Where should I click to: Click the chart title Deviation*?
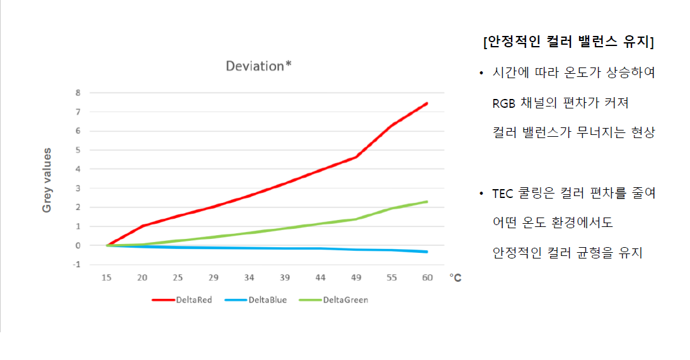coord(258,66)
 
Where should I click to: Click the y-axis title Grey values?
coord(47,180)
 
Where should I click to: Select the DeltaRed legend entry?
coord(182,300)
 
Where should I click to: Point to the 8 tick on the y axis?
coord(78,93)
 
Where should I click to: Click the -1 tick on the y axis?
coord(77,264)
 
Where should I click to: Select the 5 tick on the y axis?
coord(78,150)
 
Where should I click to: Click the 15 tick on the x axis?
coord(108,278)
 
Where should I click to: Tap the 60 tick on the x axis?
coord(427,278)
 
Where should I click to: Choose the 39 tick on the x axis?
coord(285,278)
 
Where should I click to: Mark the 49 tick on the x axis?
coord(356,278)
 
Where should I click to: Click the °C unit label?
coord(456,278)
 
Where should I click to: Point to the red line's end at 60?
coord(427,103)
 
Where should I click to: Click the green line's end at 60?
coord(427,202)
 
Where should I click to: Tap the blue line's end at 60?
coord(427,252)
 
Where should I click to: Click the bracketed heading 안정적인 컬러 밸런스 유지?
coord(568,42)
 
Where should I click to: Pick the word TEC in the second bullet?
coord(503,194)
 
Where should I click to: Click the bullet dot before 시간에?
coord(481,73)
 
